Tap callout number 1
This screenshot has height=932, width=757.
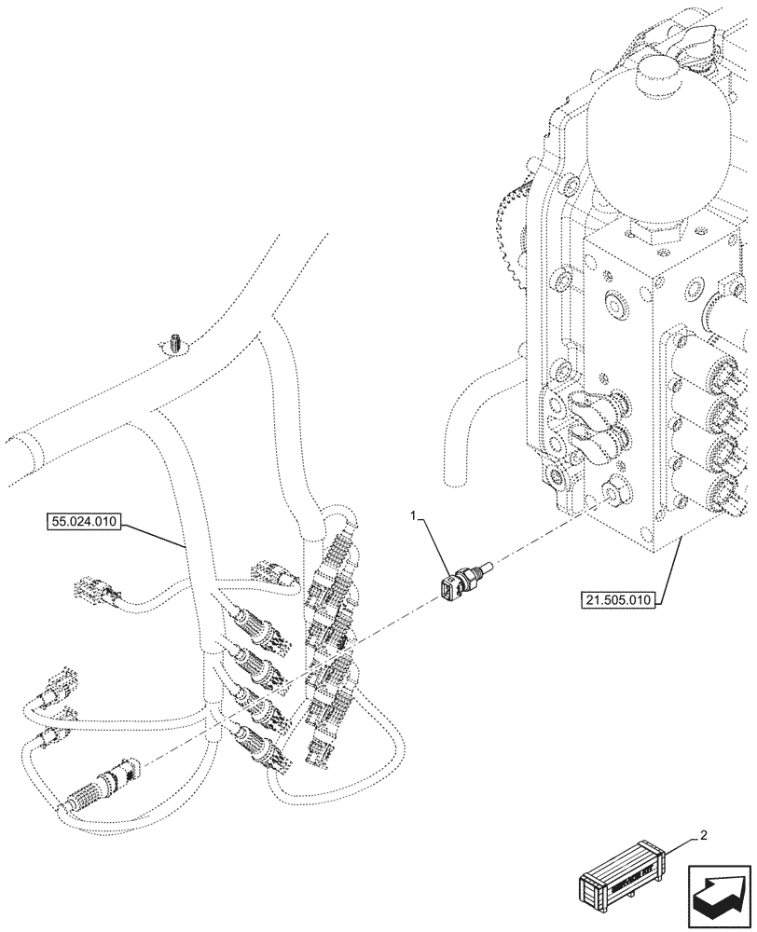click(x=416, y=514)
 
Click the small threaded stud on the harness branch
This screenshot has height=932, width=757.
click(x=175, y=344)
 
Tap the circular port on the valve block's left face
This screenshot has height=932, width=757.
click(x=616, y=305)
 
